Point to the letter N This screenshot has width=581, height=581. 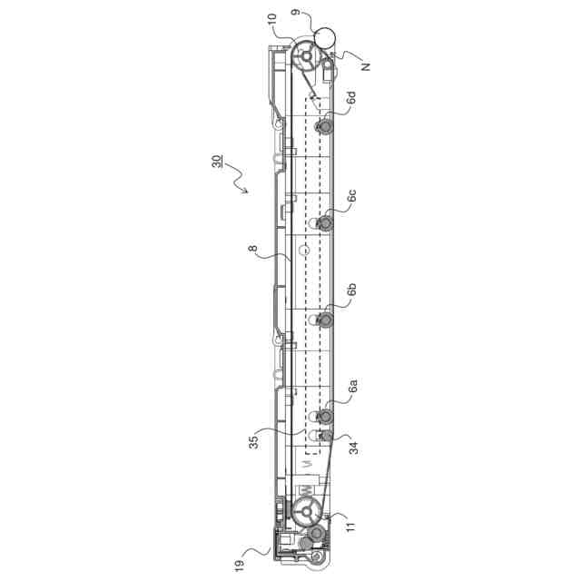point(366,65)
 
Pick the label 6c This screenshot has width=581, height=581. point(351,196)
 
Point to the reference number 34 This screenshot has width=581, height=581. point(353,446)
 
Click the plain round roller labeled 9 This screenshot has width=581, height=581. point(324,38)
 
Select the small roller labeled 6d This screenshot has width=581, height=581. point(324,126)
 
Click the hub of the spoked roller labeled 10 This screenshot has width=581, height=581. point(306,56)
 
